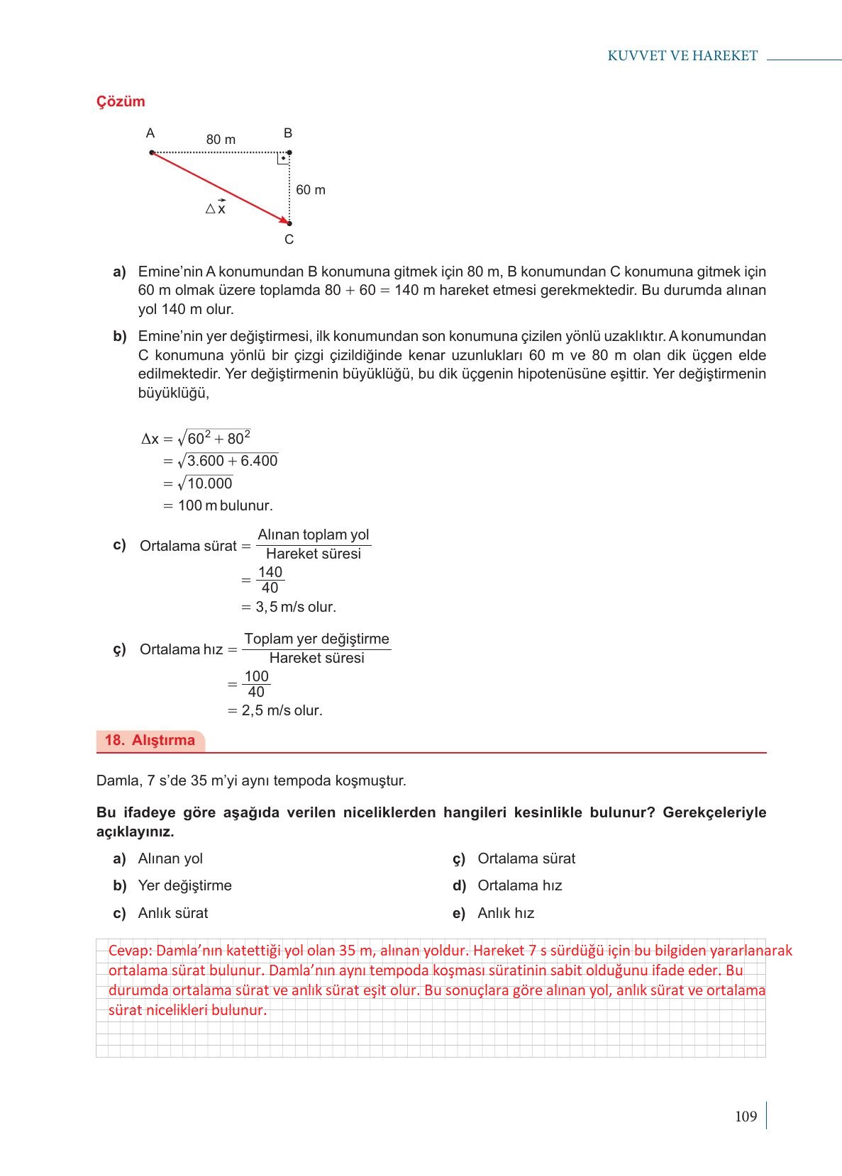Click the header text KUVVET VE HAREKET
[x=682, y=56]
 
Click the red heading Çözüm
[x=121, y=101]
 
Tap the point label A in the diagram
[x=150, y=133]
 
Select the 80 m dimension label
[x=221, y=140]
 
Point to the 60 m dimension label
[x=311, y=190]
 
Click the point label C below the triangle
[x=289, y=240]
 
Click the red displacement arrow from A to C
[x=220, y=188]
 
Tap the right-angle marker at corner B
[x=283, y=158]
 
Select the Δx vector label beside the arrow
[x=216, y=208]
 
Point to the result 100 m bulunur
[x=225, y=505]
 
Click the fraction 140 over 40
[x=270, y=580]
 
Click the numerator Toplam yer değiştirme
[x=316, y=639]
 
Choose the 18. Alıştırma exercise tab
[x=150, y=741]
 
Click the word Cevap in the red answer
[x=128, y=951]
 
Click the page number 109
[x=746, y=1116]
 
